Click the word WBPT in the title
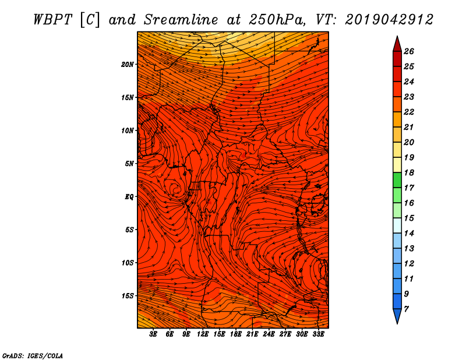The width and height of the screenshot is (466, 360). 52,20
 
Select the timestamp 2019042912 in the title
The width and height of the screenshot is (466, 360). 389,20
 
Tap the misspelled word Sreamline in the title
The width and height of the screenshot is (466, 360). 181,20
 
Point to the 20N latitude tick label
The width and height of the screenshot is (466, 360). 128,65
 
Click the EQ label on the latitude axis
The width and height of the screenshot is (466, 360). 129,197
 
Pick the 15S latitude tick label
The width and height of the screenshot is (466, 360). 128,296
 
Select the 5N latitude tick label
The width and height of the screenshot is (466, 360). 129,164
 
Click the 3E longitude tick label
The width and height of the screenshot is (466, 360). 153,334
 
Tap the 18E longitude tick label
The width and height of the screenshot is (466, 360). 236,334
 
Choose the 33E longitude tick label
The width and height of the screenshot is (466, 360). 318,334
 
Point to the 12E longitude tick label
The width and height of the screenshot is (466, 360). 203,334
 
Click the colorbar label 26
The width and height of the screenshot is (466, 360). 409,51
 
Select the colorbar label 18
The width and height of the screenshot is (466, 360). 409,172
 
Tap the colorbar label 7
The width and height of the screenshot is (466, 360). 407,309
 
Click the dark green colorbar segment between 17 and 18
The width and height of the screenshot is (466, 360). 397,180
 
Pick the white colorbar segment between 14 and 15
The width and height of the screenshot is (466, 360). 397,225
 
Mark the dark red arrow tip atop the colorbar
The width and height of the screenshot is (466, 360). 397,37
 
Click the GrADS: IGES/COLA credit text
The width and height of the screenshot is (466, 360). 33,355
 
